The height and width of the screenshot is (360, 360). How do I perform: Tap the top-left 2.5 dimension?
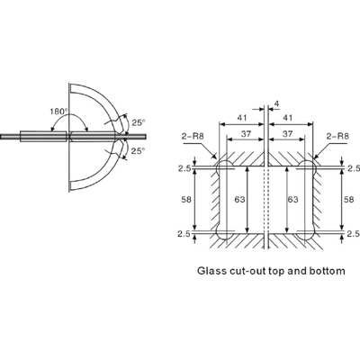click(x=185, y=167)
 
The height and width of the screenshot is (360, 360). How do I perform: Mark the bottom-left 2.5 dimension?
click(x=185, y=236)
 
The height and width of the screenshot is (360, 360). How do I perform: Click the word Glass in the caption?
click(x=213, y=270)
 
